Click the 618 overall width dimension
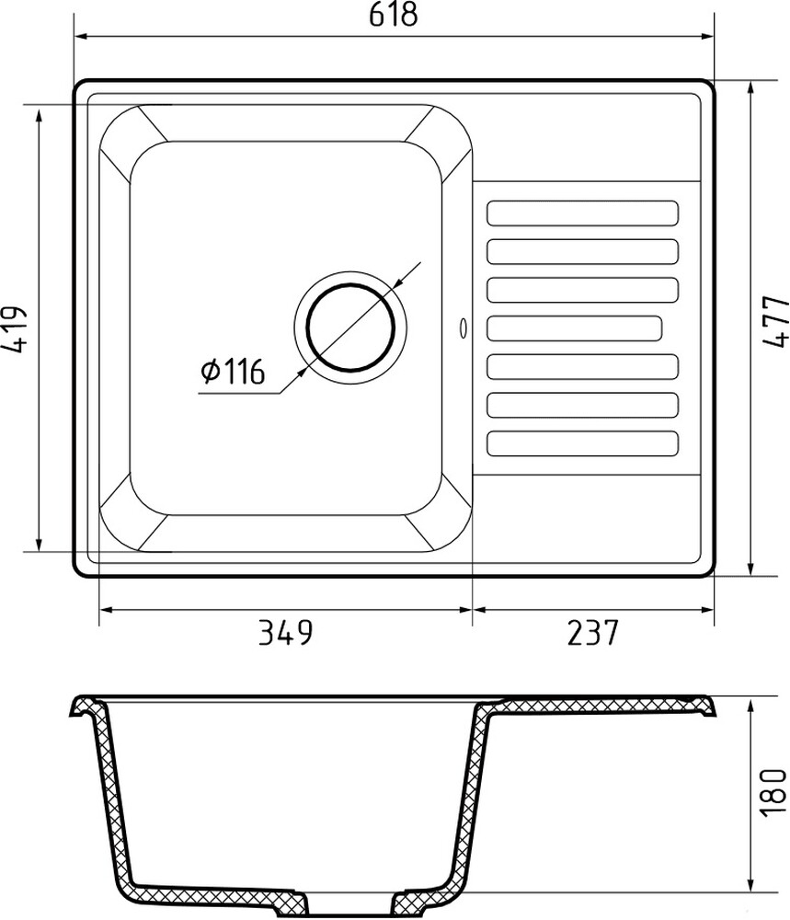[393, 14]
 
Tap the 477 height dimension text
[774, 321]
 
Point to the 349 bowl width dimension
[286, 633]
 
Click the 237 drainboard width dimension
[593, 633]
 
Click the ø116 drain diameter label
[233, 372]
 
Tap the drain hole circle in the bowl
[349, 328]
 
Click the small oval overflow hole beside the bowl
[464, 328]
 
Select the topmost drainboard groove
[582, 213]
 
